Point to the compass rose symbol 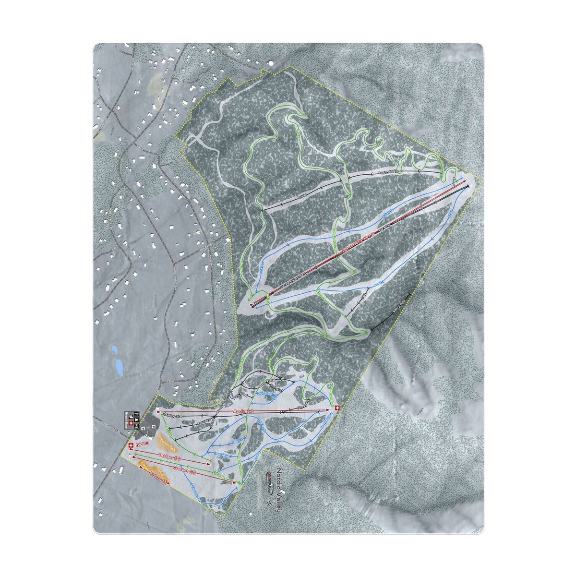pos(269,503)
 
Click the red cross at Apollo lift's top pos(337,408)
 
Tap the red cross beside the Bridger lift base pos(131,446)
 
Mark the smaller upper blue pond pos(114,349)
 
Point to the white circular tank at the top pos(270,63)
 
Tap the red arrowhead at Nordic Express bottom pos(252,304)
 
